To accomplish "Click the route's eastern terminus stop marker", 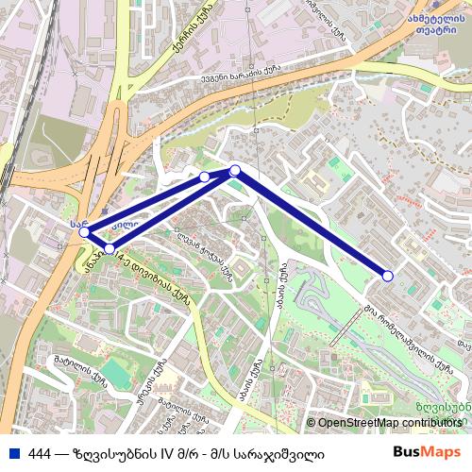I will point(388,276).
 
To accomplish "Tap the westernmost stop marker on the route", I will point(84,232).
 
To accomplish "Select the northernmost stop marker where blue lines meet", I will point(235,170).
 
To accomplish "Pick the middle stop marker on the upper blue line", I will point(205,177).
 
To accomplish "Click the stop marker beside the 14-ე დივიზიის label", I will point(110,248).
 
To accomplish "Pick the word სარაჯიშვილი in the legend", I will point(282,454).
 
